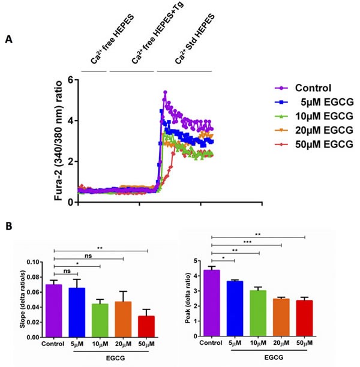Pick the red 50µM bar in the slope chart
pos(146,326)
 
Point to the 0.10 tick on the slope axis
pos(35,262)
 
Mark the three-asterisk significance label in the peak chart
pos(247,241)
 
